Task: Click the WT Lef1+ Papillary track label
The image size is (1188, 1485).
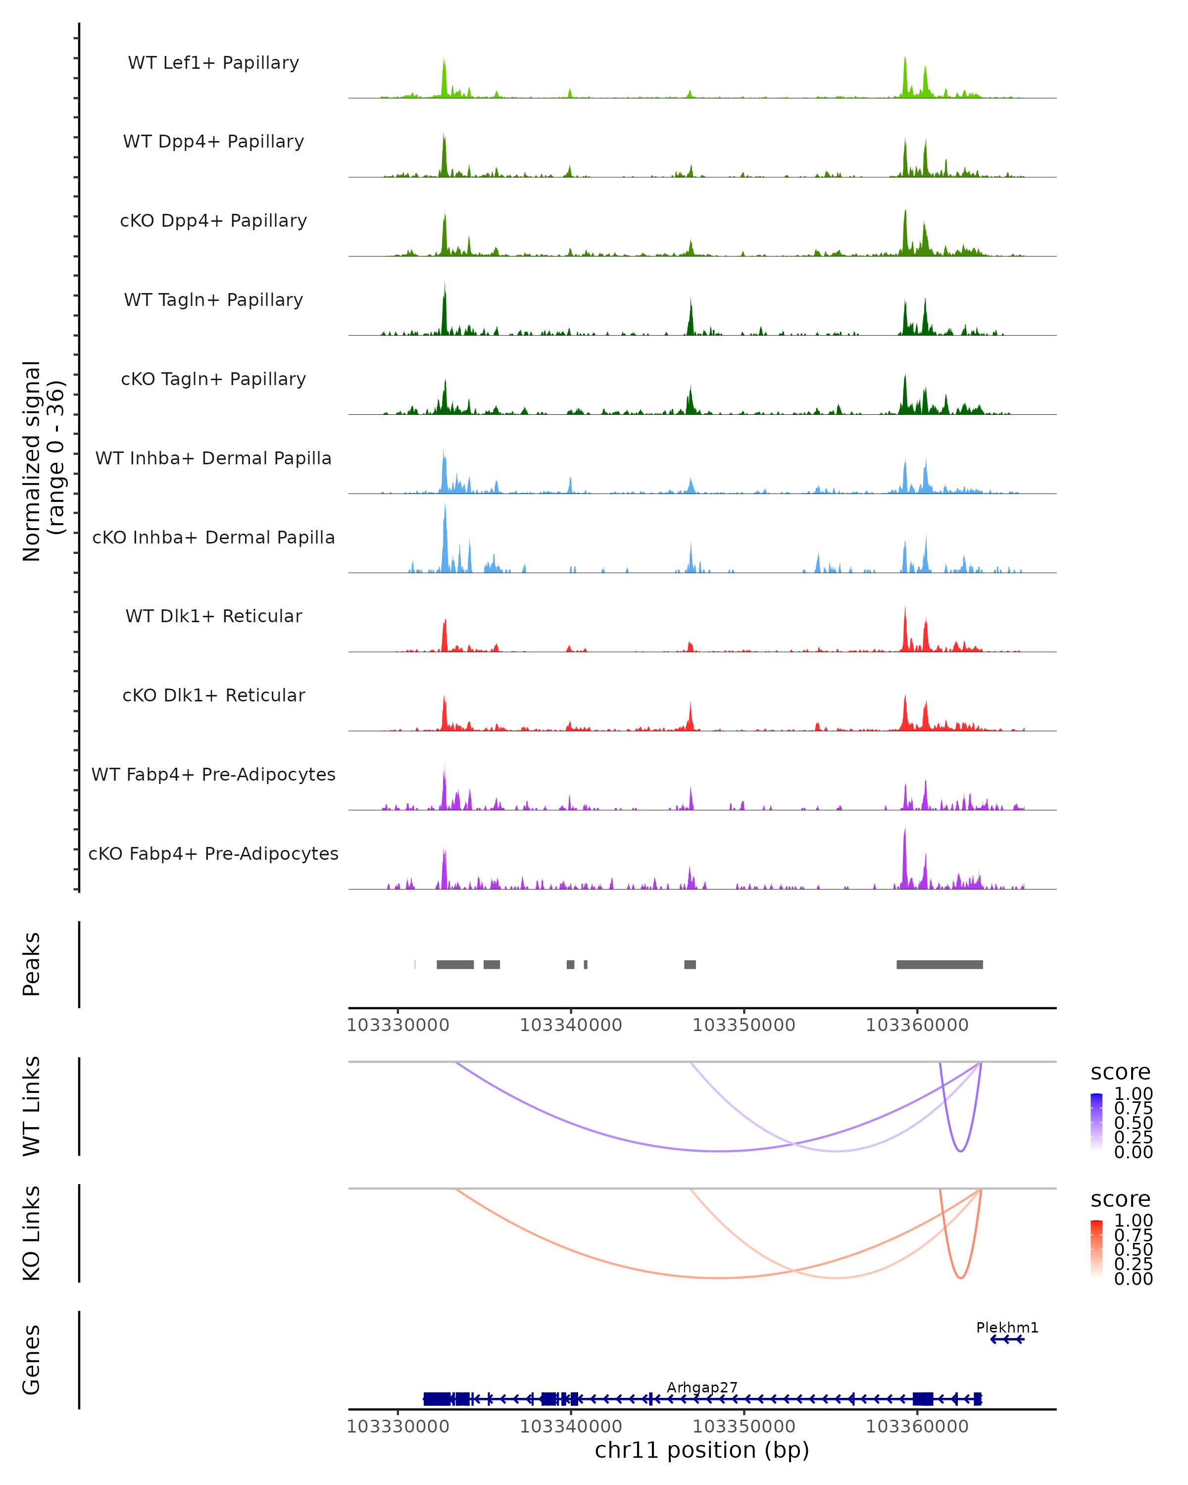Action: (x=213, y=63)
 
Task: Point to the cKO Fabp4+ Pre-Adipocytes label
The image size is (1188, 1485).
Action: (x=213, y=853)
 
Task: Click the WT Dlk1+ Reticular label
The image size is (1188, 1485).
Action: (x=213, y=616)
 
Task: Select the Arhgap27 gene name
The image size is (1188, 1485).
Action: (x=702, y=1387)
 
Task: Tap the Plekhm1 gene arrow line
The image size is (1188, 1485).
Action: (x=1007, y=1339)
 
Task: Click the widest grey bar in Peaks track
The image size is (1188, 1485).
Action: (x=940, y=964)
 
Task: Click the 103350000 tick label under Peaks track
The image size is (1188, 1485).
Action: (x=744, y=1025)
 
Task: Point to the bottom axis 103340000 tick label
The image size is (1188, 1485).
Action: (x=571, y=1427)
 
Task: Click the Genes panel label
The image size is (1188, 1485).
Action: (x=32, y=1360)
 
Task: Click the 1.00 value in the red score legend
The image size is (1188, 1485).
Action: (x=1133, y=1221)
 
